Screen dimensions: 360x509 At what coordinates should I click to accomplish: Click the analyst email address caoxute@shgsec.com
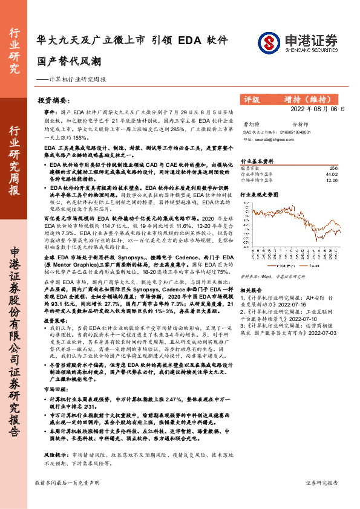pyautogui.click(x=271, y=138)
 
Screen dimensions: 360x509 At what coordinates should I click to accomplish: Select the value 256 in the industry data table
pyautogui.click(x=333, y=168)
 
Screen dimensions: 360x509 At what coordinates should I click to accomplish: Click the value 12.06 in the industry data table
pyautogui.click(x=332, y=180)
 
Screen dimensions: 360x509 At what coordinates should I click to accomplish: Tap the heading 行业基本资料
pyautogui.click(x=258, y=161)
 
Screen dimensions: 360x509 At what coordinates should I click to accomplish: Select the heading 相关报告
pyautogui.click(x=252, y=290)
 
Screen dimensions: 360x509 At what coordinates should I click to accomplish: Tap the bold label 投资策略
pyautogui.click(x=56, y=321)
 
